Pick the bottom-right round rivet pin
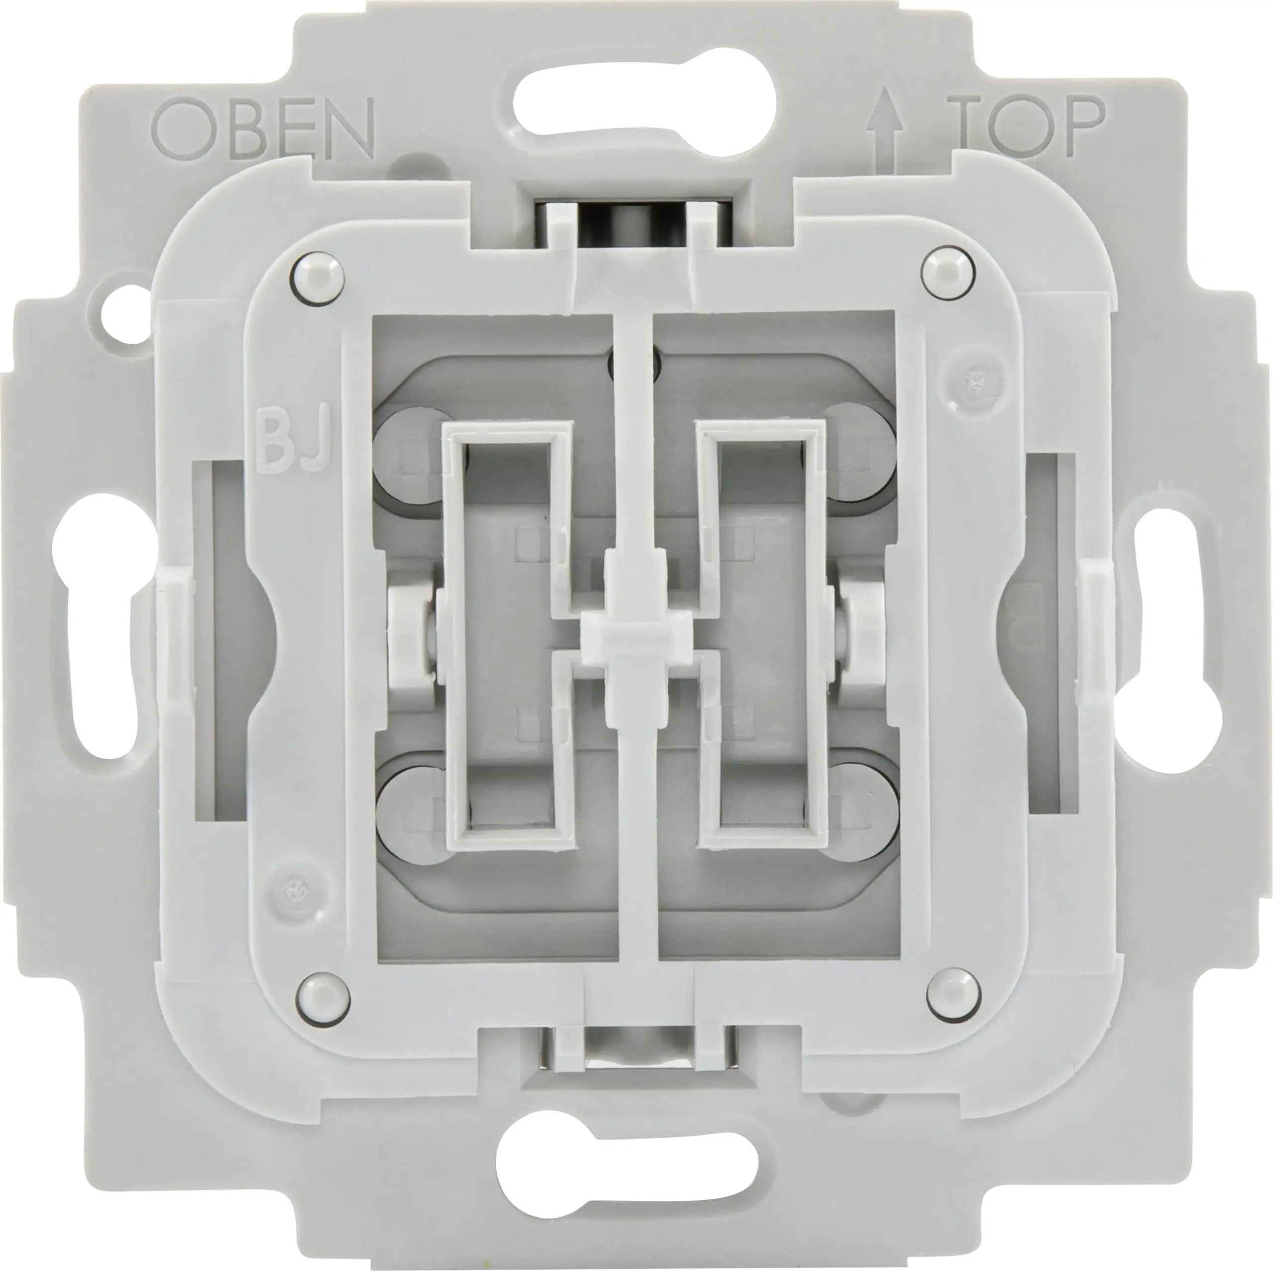click(953, 993)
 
